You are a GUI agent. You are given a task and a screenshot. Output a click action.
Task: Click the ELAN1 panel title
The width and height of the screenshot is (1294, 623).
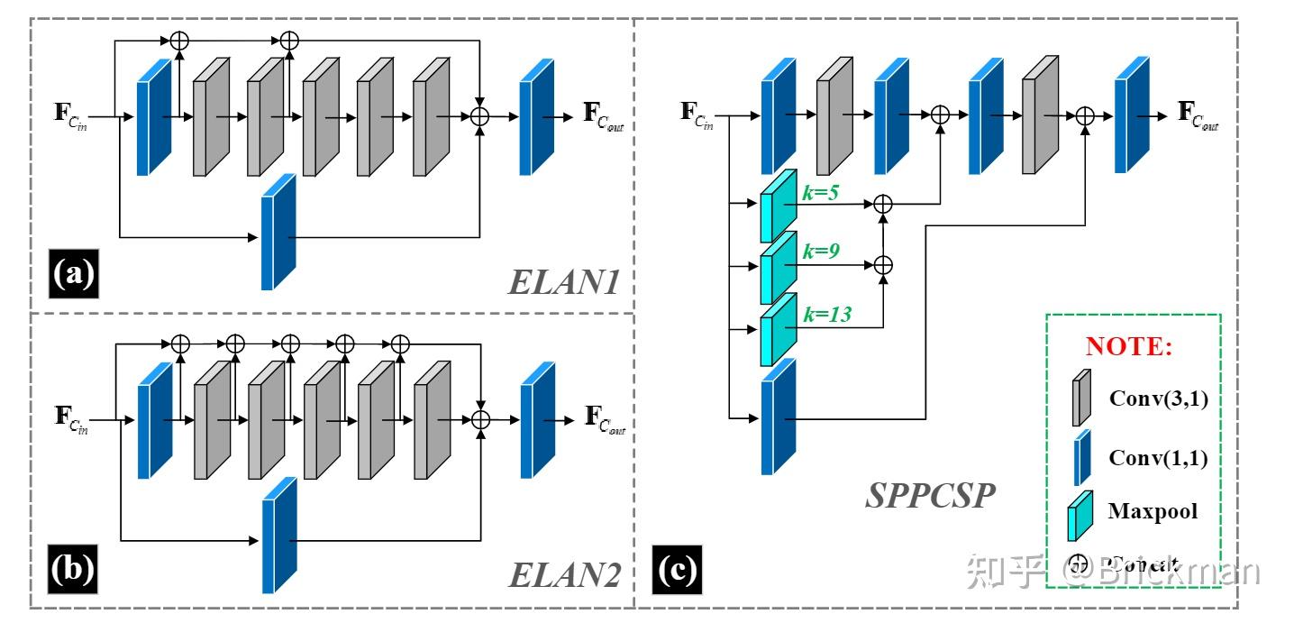coord(564,283)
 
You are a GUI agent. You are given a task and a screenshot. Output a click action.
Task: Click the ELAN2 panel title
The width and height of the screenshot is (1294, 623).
coord(565,574)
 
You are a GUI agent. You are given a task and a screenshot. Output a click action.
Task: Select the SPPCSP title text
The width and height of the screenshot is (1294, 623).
coord(930,494)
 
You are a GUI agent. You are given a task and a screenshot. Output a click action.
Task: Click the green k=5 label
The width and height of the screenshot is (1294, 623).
coord(821,193)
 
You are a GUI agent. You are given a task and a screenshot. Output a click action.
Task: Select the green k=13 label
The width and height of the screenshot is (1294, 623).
coord(825,314)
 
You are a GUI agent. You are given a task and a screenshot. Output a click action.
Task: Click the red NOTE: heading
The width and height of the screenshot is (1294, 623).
coord(1129,347)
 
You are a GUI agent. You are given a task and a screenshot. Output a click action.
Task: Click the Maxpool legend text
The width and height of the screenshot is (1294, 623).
coord(1153,511)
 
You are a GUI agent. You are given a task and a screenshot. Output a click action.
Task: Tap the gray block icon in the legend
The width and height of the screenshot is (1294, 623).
coord(1080,397)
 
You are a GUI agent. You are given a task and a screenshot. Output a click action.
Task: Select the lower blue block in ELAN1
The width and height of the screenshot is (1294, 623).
coord(278,232)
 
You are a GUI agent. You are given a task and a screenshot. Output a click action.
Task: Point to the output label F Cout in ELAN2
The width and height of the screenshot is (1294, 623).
coord(605,418)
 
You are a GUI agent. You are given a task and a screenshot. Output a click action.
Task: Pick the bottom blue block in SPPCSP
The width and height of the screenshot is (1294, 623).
coord(779,417)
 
